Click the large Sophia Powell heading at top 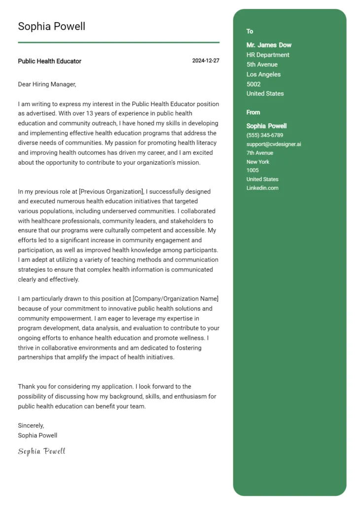pos(51,26)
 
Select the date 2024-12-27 pos(206,61)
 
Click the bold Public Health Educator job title pos(49,61)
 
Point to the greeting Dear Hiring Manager pos(47,84)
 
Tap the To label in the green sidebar pos(250,32)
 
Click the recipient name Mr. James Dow pos(269,45)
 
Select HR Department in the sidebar pos(268,55)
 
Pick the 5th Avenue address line pos(262,65)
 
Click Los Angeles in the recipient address pos(263,74)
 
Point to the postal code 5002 pos(253,84)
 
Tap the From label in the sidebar pos(253,112)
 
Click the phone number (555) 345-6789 pos(265,135)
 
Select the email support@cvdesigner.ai pos(274,144)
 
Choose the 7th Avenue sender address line pos(259,153)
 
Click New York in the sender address pos(258,162)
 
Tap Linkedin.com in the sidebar pos(262,188)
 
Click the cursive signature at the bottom pos(41,451)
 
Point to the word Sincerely pos(31,425)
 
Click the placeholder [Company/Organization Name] pos(175,299)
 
